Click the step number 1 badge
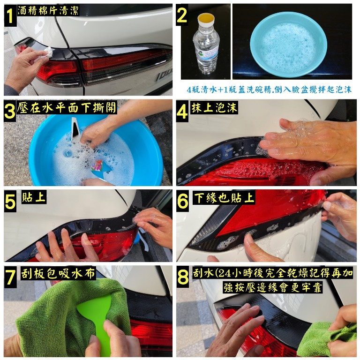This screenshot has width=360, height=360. [10, 15]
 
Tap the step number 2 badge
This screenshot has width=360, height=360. [182, 15]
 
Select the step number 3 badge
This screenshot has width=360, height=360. [10, 111]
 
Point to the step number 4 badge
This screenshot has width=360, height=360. [182, 111]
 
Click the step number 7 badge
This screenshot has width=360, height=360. [10, 277]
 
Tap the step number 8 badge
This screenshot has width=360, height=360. [183, 277]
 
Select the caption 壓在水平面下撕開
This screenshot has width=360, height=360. [67, 107]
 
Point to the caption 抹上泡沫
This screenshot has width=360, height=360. [214, 108]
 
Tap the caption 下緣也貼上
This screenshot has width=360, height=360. [224, 198]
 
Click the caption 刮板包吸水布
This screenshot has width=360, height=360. [58, 273]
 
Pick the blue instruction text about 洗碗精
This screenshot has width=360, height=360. [269, 90]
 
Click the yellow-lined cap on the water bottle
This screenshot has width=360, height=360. [206, 19]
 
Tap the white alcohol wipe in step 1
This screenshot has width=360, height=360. [47, 52]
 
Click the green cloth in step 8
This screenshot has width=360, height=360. [328, 337]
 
